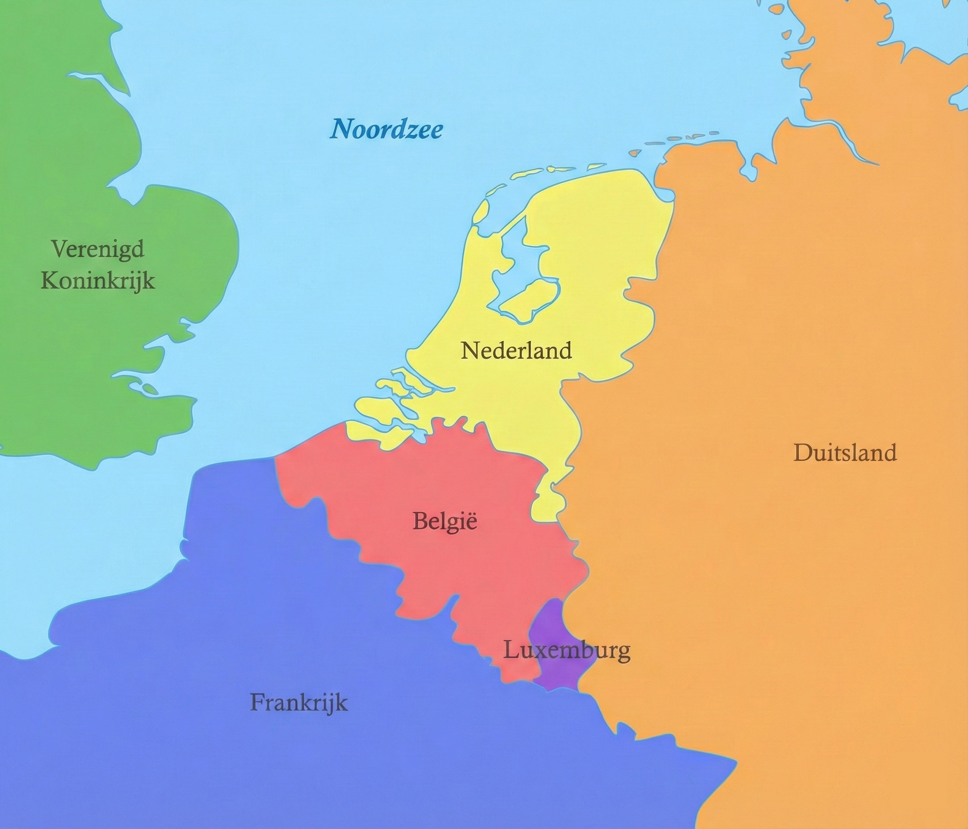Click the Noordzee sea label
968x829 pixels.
coord(386,128)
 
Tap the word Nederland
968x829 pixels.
coord(516,351)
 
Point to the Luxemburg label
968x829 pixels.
coord(566,650)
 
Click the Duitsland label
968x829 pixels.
coord(845,453)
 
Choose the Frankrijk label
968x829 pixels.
coord(299,703)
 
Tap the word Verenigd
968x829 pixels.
coord(98,249)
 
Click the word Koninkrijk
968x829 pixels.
coord(98,281)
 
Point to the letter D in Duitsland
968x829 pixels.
coord(802,453)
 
